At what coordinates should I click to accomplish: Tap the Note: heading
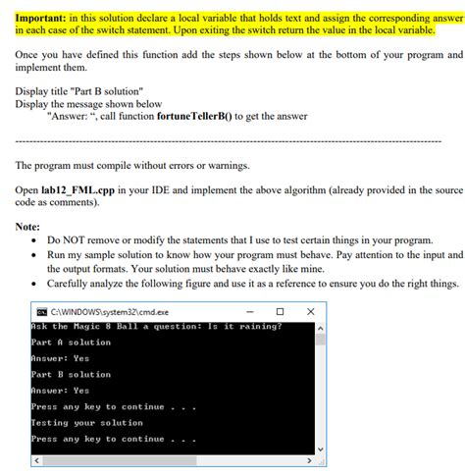pos(28,226)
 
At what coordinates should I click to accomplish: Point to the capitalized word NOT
pos(79,239)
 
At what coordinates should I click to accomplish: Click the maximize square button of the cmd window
pos(280,312)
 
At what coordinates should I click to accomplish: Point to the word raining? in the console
pos(256,327)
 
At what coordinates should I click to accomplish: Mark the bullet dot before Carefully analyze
pos(35,284)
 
